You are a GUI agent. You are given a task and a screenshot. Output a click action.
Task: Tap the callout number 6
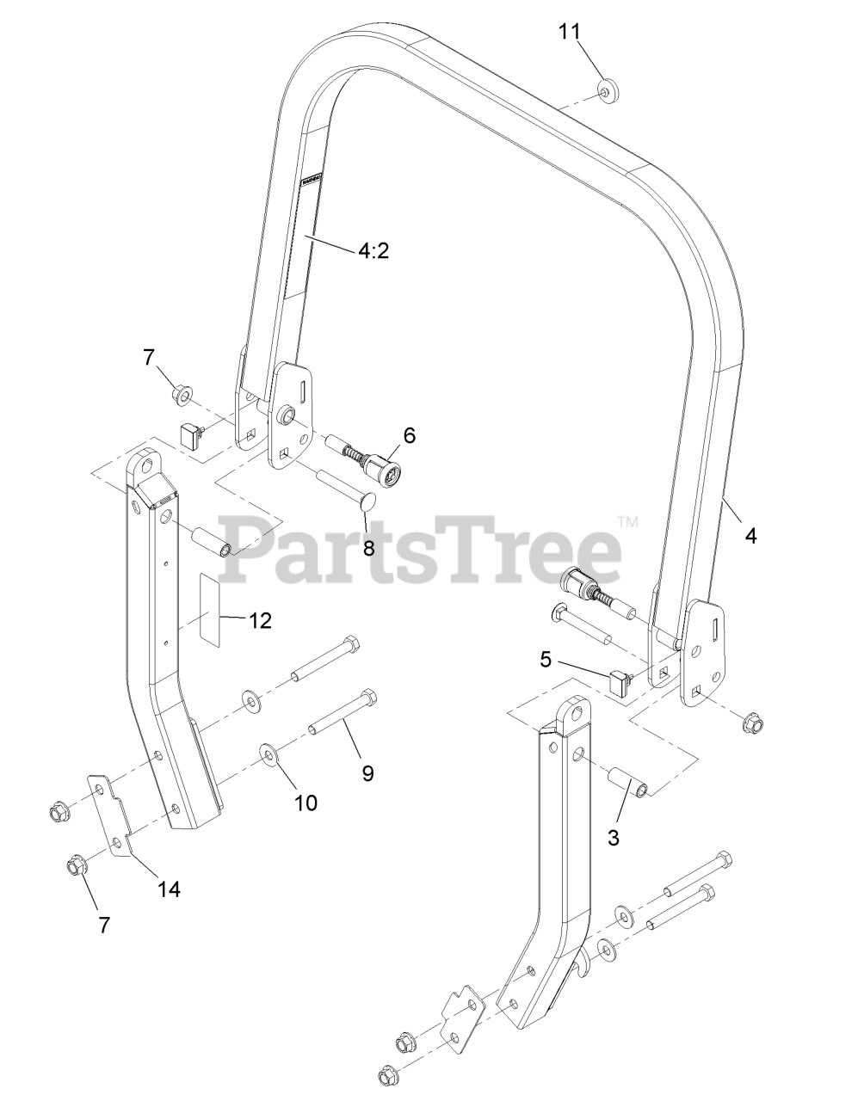click(408, 435)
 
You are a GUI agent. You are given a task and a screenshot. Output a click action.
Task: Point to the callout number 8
click(368, 548)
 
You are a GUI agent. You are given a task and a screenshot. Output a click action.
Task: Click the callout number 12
click(261, 619)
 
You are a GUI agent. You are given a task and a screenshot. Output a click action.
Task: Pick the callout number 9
click(367, 773)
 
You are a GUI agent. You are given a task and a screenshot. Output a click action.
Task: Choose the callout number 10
click(306, 803)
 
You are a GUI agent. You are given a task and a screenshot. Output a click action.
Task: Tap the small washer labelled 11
click(608, 90)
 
